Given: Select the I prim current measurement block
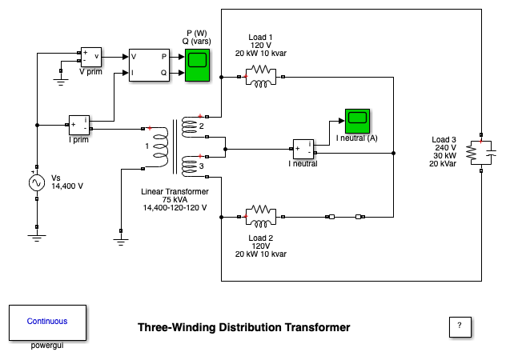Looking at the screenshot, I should click(x=80, y=125).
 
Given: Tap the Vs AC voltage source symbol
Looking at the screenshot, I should click(x=37, y=183).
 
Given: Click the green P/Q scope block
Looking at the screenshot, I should click(x=197, y=64).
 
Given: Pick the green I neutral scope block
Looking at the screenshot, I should click(x=356, y=121).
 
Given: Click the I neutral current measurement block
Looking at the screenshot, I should click(x=303, y=149).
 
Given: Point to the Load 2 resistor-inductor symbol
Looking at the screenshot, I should click(x=260, y=215).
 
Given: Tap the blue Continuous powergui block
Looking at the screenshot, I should click(x=47, y=322).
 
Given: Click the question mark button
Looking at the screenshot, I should click(x=459, y=326).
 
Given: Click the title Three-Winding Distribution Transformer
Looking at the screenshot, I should click(x=243, y=327).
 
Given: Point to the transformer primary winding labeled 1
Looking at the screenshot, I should click(x=159, y=147).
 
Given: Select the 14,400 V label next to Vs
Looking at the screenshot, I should click(x=67, y=186).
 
